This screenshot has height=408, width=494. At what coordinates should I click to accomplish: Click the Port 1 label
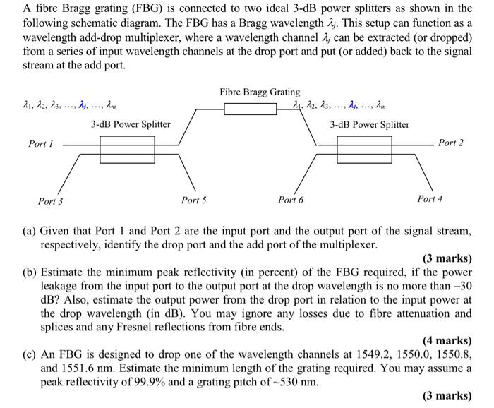41,144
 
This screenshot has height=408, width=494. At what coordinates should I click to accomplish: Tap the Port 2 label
451,143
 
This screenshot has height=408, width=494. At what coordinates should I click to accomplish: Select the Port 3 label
50,201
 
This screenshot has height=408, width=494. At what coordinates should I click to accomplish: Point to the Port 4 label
430,199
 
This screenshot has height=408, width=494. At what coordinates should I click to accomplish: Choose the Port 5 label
194,200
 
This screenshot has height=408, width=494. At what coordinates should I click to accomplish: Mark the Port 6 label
291,200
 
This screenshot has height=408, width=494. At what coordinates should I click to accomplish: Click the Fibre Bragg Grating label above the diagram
260,92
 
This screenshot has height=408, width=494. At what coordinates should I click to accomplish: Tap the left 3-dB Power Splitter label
131,124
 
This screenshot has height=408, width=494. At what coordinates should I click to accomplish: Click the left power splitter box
127,148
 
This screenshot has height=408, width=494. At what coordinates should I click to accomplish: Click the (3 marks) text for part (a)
447,258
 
